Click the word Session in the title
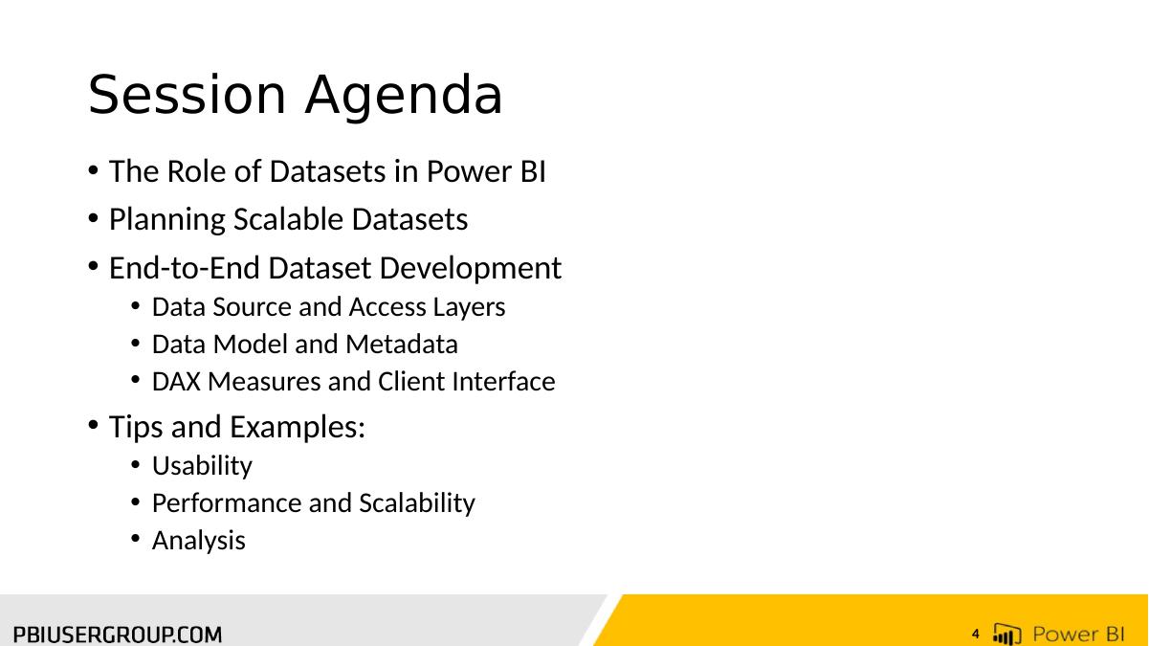[187, 95]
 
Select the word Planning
[167, 220]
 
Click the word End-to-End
[184, 268]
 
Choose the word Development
[471, 269]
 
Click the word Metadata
[402, 344]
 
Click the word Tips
[136, 427]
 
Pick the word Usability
[202, 466]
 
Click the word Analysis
[199, 541]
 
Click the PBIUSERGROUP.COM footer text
[118, 635]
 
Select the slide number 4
[976, 635]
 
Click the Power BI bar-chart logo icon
[1006, 634]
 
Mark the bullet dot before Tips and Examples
[93, 425]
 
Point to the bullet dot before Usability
[136, 465]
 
